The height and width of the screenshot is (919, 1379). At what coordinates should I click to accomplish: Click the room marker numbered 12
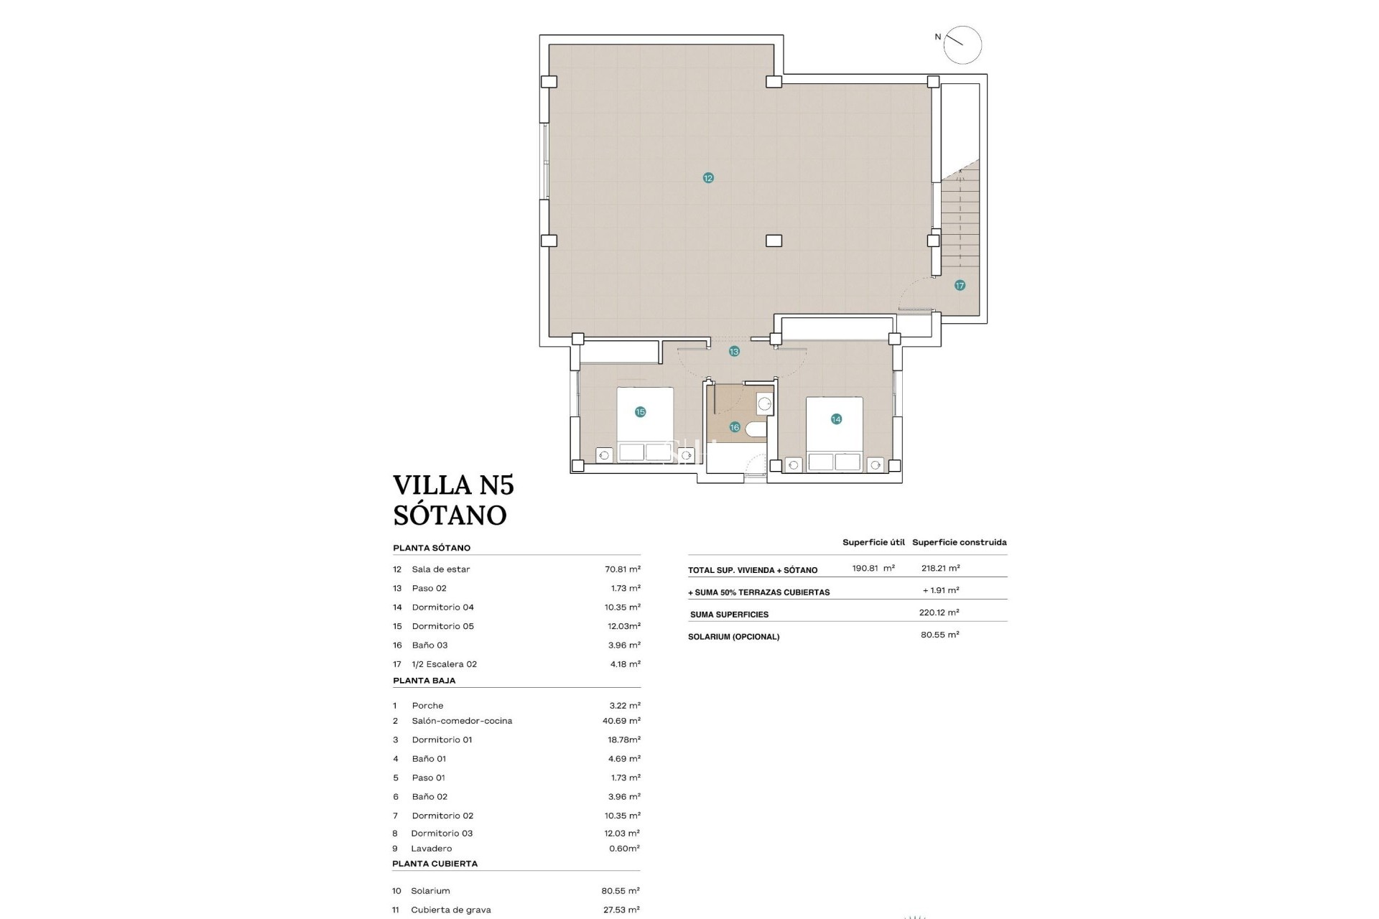[708, 178]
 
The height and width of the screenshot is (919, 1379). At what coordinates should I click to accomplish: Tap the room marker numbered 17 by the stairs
[960, 286]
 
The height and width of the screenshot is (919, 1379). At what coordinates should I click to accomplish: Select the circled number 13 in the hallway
[733, 352]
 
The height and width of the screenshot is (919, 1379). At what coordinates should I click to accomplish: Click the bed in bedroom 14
[835, 434]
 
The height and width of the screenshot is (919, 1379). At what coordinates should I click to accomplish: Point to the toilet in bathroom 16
[756, 429]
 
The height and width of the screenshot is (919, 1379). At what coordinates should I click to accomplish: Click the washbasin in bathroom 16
[765, 404]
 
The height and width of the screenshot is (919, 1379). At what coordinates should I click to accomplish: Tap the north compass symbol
[962, 45]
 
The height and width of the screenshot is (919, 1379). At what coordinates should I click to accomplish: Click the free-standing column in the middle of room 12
[774, 241]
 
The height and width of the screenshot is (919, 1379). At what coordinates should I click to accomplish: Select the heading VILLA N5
[453, 485]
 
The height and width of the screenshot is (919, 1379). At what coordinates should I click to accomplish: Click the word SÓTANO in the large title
[450, 516]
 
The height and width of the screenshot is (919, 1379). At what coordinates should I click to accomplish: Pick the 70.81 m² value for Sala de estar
[622, 569]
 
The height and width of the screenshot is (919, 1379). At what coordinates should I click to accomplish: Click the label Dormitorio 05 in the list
[442, 626]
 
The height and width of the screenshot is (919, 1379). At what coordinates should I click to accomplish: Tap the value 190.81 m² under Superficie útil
[873, 568]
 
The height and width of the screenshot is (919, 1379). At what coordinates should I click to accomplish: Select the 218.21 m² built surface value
[940, 568]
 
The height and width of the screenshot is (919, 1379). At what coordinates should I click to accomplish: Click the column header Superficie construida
[959, 543]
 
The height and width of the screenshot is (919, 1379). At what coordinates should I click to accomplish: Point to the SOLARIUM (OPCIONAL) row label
[733, 637]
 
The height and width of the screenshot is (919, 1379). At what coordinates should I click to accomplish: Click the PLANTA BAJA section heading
[424, 681]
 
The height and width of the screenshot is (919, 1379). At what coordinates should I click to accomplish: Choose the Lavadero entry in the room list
[432, 849]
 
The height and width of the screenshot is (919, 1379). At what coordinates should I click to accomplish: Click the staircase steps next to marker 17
[960, 215]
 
